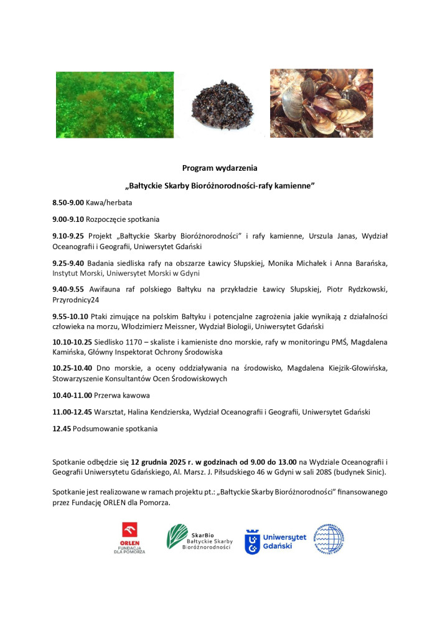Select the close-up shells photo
point(321,103)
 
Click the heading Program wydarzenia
point(219,168)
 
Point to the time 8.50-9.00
point(68,203)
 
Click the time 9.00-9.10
point(68,219)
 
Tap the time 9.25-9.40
point(68,264)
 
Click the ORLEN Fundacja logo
point(129,538)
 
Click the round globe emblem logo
point(329,538)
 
